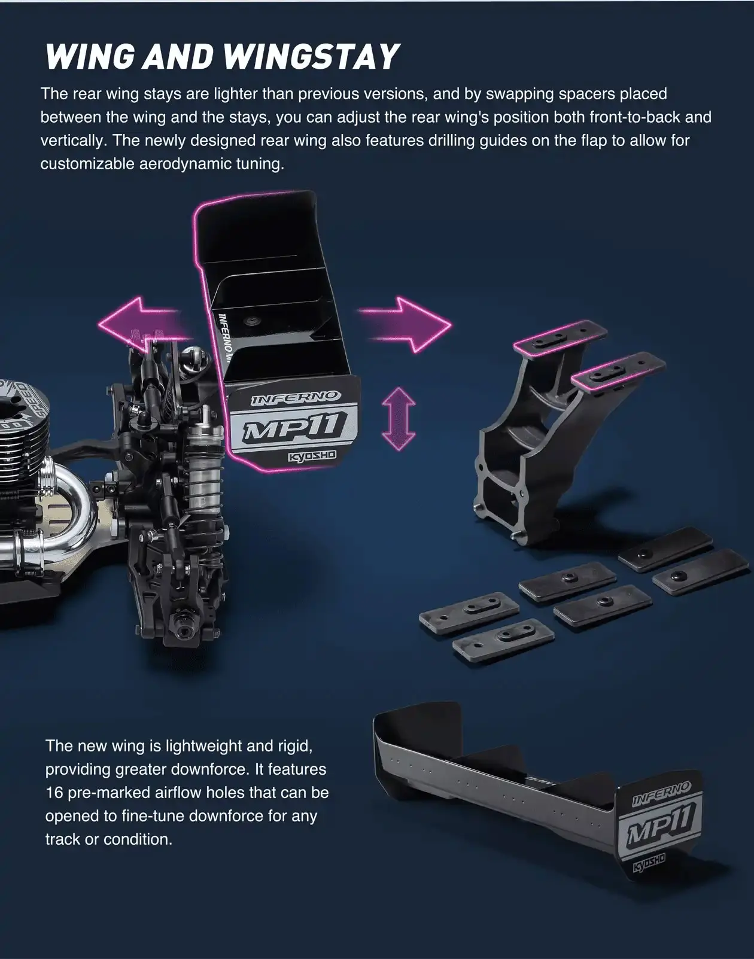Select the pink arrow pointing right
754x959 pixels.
[407, 324]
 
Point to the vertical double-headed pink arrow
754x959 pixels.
[398, 418]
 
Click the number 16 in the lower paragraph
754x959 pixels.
[54, 793]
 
